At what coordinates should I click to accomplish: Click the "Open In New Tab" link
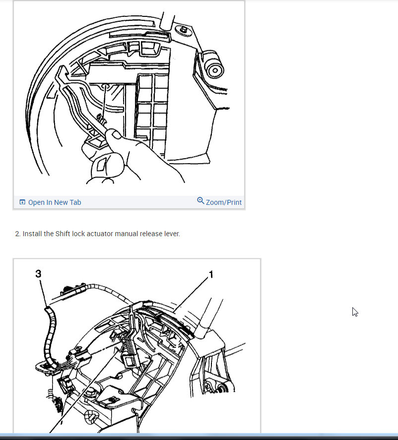click(54, 202)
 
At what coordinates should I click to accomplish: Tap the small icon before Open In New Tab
click(22, 202)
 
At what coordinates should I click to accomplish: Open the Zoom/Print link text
click(223, 202)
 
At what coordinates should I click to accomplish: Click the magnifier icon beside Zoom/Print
click(200, 201)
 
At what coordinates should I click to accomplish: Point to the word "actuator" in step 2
click(100, 234)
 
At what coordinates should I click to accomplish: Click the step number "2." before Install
click(18, 234)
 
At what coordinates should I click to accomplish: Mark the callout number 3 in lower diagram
click(38, 273)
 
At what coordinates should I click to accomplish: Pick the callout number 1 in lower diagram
click(210, 274)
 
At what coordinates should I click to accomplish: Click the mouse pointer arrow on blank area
click(355, 312)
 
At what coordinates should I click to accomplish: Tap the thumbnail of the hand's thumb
click(115, 134)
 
